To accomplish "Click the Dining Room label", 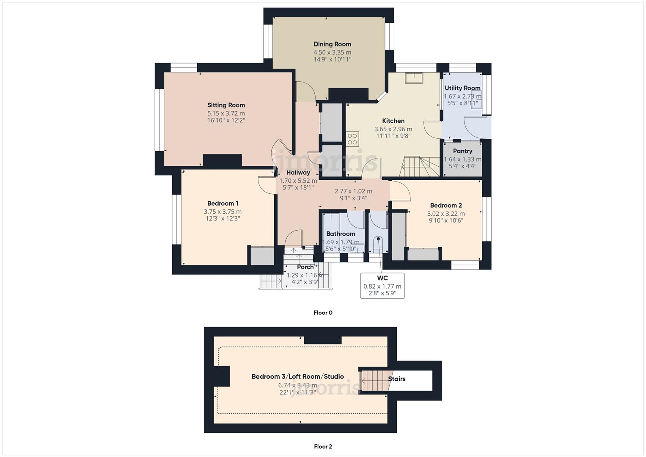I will pos(332,44).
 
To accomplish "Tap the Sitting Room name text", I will pos(226,105).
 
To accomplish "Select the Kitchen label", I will pos(393,121).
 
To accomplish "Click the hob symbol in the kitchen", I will pos(352,139).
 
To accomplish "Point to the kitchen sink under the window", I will pos(414,78).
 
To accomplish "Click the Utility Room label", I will pos(462,88).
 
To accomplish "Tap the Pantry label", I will pos(462,151).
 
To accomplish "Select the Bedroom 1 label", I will pos(223,204).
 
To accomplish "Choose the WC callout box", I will pos(382,286).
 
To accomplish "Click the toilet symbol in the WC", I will pos(377,243).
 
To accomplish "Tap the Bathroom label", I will pos(341,234).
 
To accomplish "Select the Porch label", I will pos(305,267).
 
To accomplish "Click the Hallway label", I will pos(298,173).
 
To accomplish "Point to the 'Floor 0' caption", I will pos(323,313).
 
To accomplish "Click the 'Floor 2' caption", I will pos(323,446).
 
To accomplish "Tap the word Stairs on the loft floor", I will pos(397,379).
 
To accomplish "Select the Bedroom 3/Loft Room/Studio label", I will pos(297,377).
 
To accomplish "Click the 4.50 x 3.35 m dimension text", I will pos(332,52).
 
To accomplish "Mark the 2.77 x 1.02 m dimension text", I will pos(353,191).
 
